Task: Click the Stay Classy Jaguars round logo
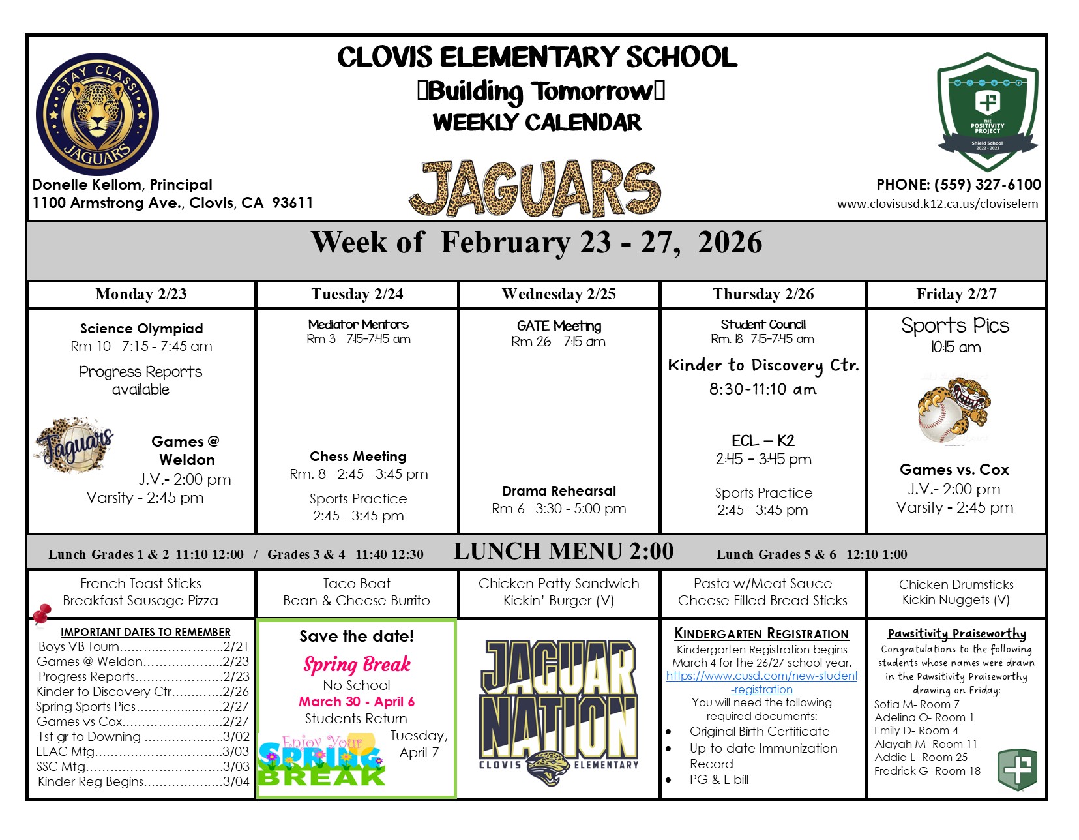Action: pyautogui.click(x=97, y=114)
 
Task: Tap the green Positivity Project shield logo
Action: pyautogui.click(x=987, y=111)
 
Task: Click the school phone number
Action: pyautogui.click(x=958, y=185)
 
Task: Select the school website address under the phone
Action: pyautogui.click(x=937, y=203)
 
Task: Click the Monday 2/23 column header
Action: pyautogui.click(x=141, y=294)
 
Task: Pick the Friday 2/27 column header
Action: pyautogui.click(x=956, y=294)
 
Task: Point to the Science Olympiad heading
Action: pyautogui.click(x=141, y=329)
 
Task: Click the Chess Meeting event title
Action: pyautogui.click(x=358, y=457)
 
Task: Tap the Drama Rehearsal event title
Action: pyautogui.click(x=559, y=491)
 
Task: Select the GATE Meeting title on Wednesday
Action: pyautogui.click(x=559, y=325)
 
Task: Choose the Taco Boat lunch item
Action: pyautogui.click(x=357, y=584)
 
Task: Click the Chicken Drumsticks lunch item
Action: pyautogui.click(x=956, y=584)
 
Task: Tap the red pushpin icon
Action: pyautogui.click(x=42, y=613)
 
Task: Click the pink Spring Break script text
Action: pyautogui.click(x=357, y=665)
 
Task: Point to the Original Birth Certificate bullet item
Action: pyautogui.click(x=760, y=732)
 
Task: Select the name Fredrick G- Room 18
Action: pyautogui.click(x=927, y=771)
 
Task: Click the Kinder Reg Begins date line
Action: pyautogui.click(x=143, y=781)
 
